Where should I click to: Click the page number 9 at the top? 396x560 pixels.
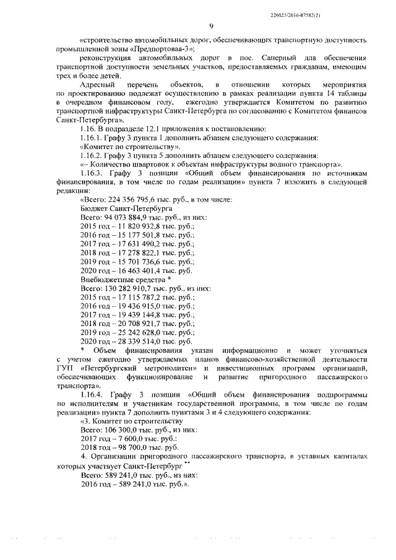point(211,26)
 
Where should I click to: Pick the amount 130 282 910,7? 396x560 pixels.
point(130,288)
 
